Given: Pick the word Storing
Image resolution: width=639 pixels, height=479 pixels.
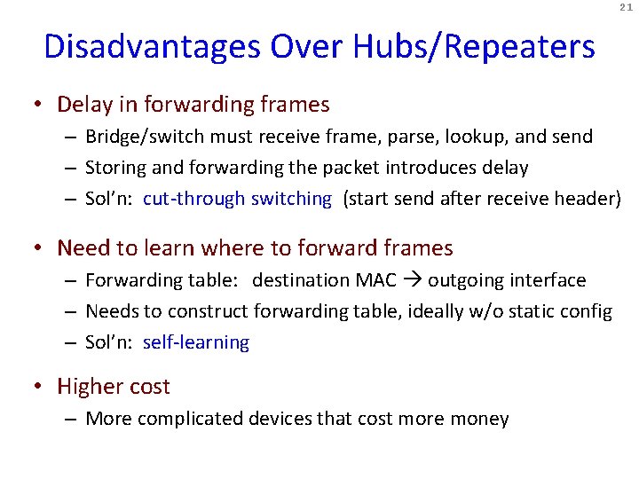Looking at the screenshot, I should (x=116, y=168).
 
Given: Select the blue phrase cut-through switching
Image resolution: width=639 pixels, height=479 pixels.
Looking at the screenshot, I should (x=237, y=199).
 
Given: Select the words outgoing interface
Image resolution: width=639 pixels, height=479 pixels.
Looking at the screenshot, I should (x=507, y=280).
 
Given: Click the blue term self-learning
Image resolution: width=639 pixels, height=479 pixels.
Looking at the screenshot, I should (x=196, y=342).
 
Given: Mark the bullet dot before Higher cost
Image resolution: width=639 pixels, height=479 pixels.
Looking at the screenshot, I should (x=38, y=387).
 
